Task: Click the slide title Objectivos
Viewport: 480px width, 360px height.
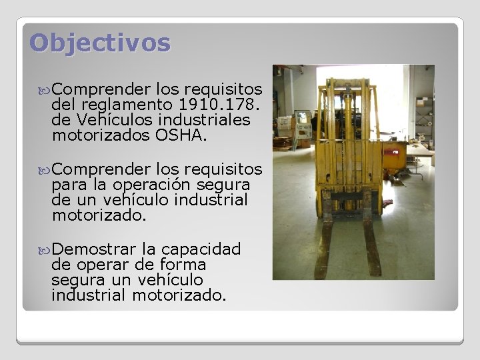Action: (100, 43)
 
